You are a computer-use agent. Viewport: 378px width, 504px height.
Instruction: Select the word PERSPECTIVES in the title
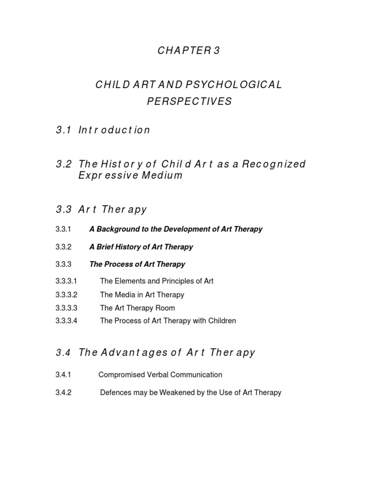pos(189,102)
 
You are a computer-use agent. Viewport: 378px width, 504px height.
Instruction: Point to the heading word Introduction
pos(114,130)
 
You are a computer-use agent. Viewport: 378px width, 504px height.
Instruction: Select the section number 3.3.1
pos(63,229)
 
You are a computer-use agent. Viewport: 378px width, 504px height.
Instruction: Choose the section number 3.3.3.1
pos(67,282)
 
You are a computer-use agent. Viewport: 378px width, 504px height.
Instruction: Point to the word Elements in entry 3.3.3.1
pos(129,282)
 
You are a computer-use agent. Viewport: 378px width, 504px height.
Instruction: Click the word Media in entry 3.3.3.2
pos(125,295)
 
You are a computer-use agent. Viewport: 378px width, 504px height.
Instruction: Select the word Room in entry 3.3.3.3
pos(165,308)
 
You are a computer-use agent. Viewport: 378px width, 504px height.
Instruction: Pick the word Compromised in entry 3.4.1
pos(121,375)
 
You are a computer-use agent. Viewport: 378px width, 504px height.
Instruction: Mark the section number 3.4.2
pos(63,393)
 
